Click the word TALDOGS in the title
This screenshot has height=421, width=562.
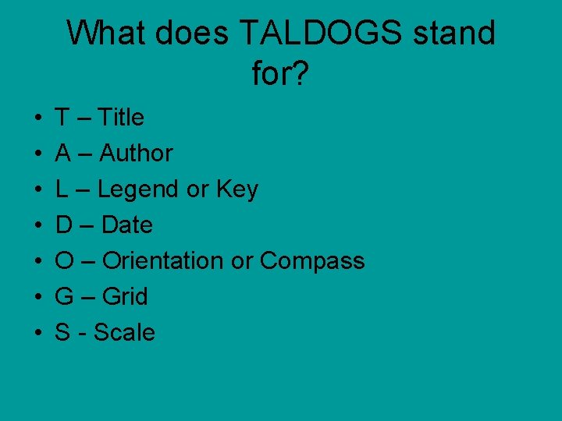point(320,34)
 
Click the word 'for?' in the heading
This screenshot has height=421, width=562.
point(281,74)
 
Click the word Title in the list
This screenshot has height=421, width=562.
point(123,118)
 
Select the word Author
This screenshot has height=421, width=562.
point(136,154)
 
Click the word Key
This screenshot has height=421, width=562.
point(237,189)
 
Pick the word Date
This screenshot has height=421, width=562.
point(127,225)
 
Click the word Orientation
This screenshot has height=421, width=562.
point(163,261)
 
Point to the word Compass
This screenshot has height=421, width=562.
point(312,261)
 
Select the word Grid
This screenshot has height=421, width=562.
point(125,297)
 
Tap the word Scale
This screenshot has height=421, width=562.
point(124,333)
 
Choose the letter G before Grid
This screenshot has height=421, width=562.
point(64,297)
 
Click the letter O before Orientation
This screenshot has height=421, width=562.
point(64,261)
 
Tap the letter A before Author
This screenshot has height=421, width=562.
point(62,154)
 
